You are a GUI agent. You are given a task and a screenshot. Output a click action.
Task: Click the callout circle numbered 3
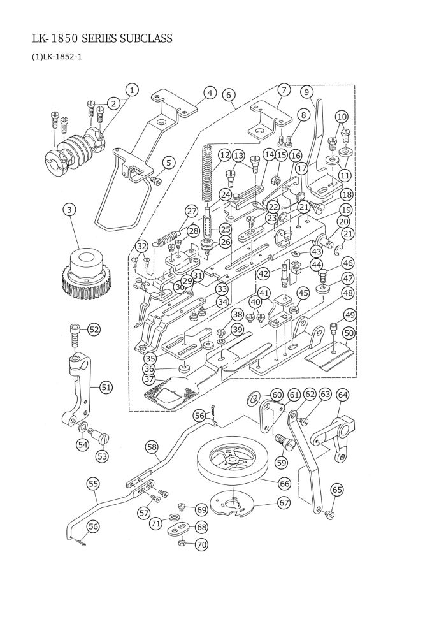coord(69,210)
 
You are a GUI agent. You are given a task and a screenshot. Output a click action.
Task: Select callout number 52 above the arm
coord(94,330)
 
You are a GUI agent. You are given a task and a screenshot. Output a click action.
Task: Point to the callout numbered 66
coord(284,483)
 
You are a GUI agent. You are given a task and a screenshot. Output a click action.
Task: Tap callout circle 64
coord(343,395)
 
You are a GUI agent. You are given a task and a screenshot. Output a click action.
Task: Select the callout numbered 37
coord(149,379)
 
